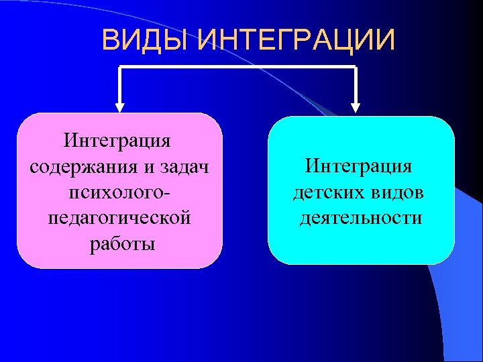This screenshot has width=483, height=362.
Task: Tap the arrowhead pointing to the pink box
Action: point(120,106)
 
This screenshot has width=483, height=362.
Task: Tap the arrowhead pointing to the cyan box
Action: point(356,106)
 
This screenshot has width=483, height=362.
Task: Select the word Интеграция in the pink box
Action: point(117,141)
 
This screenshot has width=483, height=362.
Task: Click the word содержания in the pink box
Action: point(77,167)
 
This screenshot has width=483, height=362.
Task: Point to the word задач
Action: point(184,167)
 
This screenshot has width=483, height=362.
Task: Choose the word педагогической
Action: point(120,218)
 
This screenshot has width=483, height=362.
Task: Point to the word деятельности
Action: point(361,218)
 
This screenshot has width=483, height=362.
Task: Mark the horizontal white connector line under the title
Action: point(238,66)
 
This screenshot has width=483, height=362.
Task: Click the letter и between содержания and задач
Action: point(150,167)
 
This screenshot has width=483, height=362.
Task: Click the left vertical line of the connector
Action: point(120,84)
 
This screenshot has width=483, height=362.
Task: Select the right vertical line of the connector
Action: point(356,84)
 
